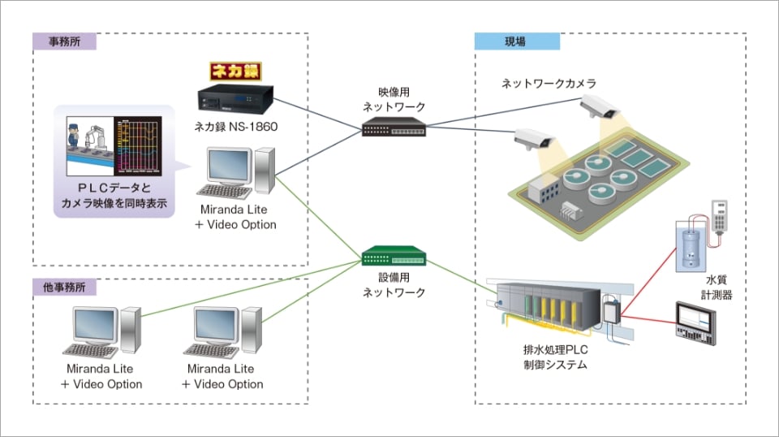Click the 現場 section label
tap(516, 41)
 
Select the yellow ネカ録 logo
tap(235, 71)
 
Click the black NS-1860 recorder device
tap(235, 98)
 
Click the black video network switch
tap(394, 127)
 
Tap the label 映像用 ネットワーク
tap(394, 99)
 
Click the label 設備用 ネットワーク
tap(394, 285)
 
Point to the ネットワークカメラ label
tap(549, 84)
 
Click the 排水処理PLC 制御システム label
tap(554, 357)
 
